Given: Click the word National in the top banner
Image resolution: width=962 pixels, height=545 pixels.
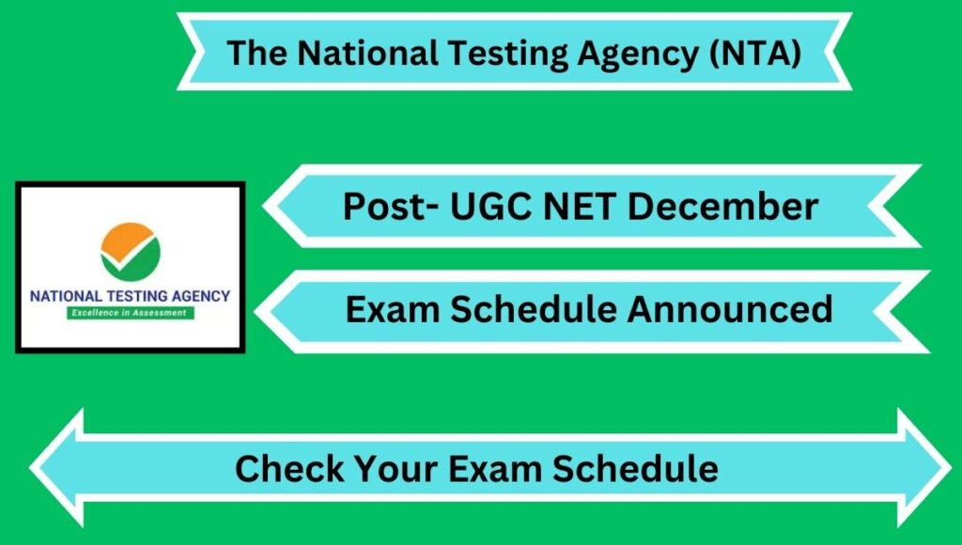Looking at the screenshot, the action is (367, 53).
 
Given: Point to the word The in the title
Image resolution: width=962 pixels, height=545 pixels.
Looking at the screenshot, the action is (256, 53).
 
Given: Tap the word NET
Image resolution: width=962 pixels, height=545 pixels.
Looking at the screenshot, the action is (580, 206).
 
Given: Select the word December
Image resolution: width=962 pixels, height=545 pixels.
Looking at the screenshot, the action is (722, 206).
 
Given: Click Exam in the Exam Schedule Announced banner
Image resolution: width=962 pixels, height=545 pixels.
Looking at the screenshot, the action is (393, 309).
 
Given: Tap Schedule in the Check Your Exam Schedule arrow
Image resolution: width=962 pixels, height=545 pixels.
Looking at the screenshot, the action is (635, 469).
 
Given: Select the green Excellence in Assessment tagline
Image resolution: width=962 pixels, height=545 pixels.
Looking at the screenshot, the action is (130, 313).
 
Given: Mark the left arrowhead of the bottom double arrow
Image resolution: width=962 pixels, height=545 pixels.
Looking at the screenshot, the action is (56, 468).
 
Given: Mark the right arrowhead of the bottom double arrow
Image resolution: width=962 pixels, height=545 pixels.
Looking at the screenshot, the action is (924, 468).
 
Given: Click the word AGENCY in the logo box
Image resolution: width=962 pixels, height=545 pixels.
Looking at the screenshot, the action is (201, 296).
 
